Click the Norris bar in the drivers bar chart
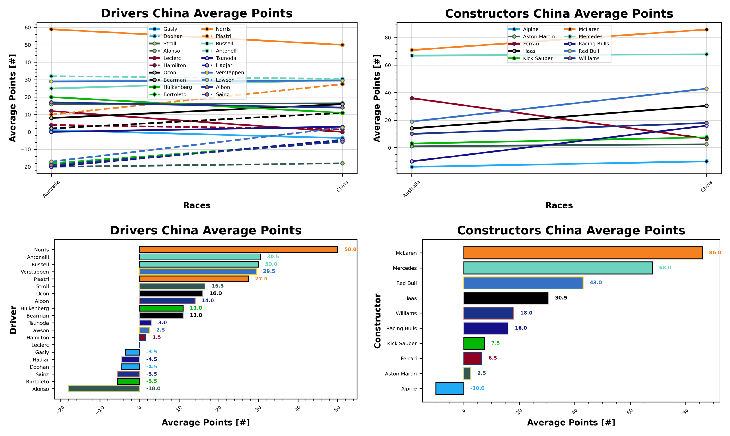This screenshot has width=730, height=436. (x=238, y=249)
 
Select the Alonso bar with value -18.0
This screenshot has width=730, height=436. (x=104, y=388)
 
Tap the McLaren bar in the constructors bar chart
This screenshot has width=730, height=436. (x=582, y=253)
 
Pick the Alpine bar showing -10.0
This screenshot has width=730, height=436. (x=449, y=388)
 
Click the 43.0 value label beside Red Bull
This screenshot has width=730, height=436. (x=595, y=283)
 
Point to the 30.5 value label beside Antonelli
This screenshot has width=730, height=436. (x=273, y=257)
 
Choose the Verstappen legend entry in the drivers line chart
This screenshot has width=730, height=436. (x=230, y=73)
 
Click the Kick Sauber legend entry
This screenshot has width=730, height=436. (x=537, y=58)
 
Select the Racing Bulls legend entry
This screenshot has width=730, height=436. (x=593, y=44)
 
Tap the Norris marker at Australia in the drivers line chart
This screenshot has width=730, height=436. (x=51, y=29)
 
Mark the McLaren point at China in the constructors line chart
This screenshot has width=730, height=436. (x=706, y=30)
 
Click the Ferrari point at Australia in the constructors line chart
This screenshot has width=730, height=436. (x=411, y=98)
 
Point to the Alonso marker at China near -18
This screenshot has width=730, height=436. (x=342, y=163)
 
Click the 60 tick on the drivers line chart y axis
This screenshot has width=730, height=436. (x=28, y=28)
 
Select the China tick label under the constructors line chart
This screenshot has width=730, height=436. (x=706, y=186)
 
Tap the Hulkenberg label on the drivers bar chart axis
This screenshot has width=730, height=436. (x=34, y=308)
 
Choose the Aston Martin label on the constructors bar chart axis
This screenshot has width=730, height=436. (x=400, y=374)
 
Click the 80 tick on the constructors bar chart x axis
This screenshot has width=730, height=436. (x=685, y=412)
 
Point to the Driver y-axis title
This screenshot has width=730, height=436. (x=13, y=319)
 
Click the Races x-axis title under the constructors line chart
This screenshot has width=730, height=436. (x=559, y=205)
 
